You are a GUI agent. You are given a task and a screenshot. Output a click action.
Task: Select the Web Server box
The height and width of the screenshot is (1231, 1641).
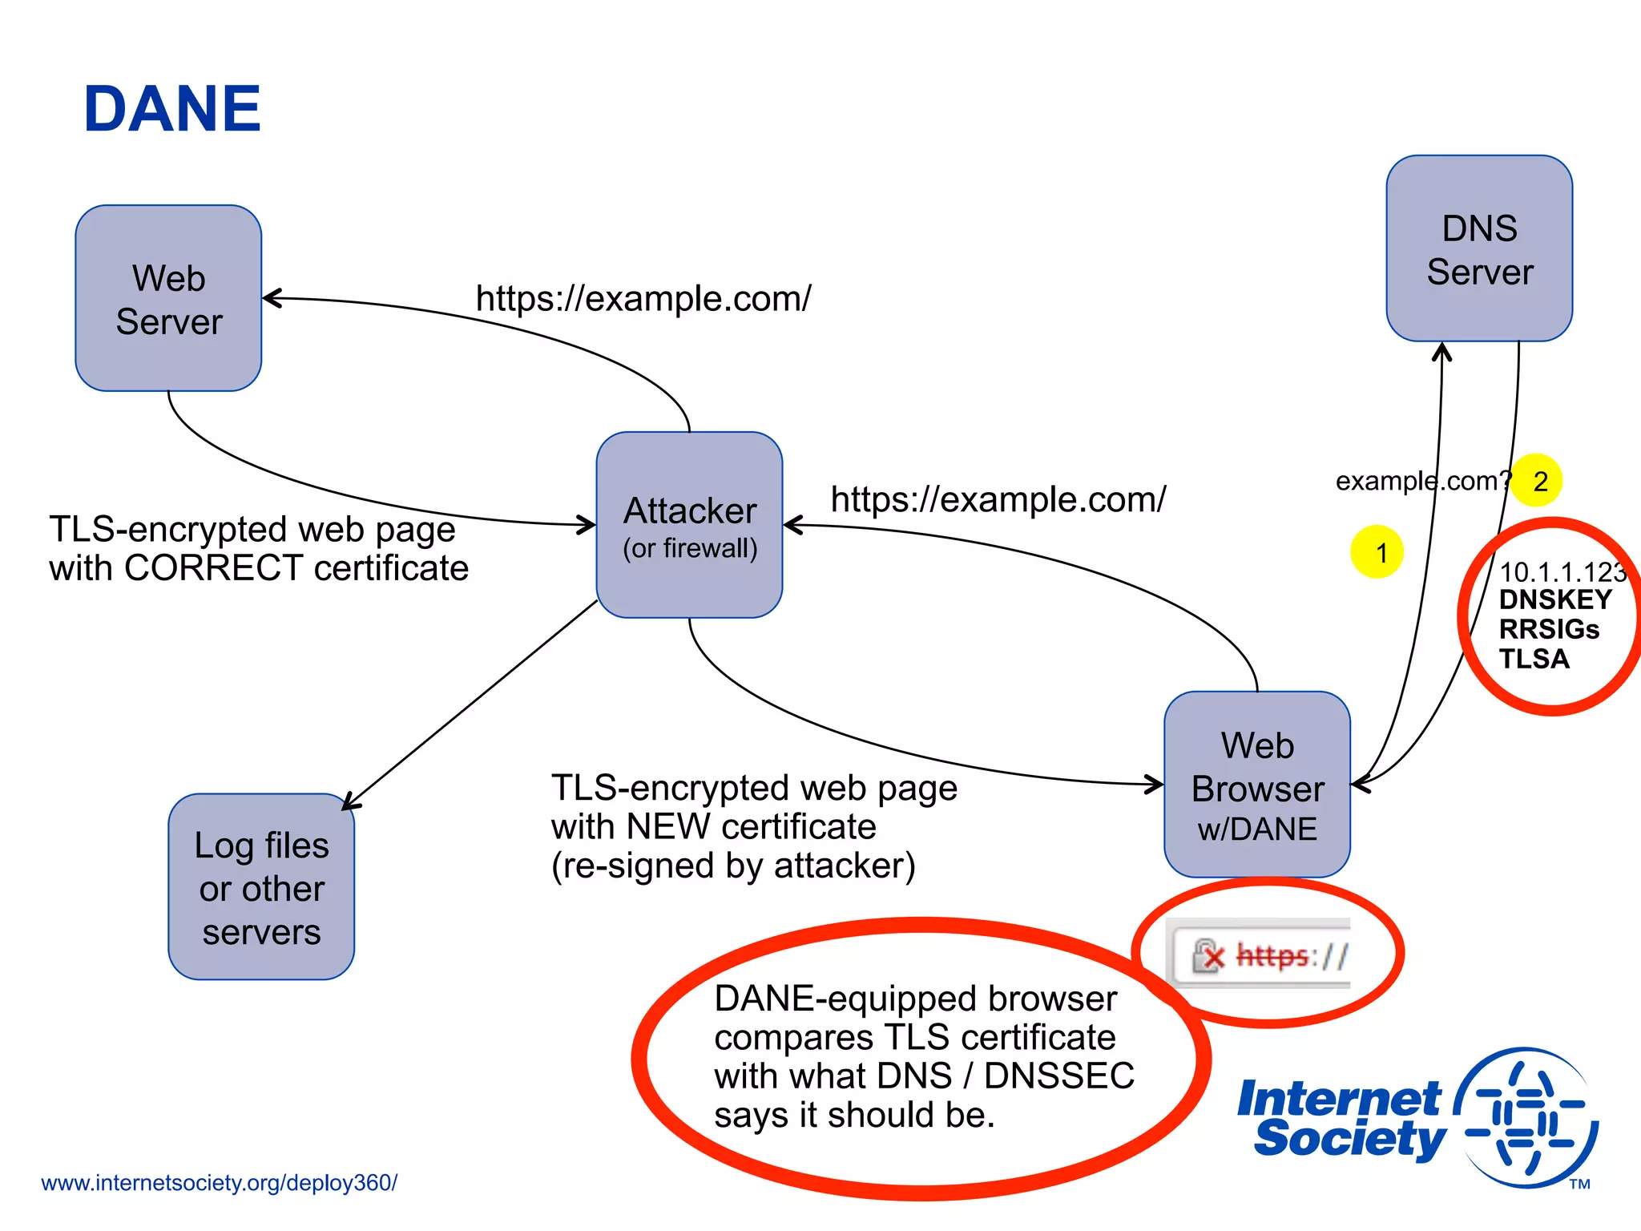pos(168,298)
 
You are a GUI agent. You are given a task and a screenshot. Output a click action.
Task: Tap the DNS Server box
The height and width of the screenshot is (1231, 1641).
pos(1479,248)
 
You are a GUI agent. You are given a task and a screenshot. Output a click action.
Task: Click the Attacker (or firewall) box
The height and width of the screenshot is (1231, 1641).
pos(689,525)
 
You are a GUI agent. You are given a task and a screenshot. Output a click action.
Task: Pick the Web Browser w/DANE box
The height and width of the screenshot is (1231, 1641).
pos(1256,785)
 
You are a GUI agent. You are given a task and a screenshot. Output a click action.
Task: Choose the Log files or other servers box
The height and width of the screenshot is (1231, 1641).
pos(261,887)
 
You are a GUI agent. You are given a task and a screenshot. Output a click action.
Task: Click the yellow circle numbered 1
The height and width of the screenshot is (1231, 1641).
pos(1377,552)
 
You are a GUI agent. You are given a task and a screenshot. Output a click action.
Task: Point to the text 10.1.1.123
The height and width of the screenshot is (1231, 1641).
pos(1561,572)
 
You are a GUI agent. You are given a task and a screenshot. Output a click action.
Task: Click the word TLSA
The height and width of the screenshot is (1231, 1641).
pos(1534,659)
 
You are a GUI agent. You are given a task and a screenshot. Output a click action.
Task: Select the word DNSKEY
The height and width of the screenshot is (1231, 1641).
pos(1555,599)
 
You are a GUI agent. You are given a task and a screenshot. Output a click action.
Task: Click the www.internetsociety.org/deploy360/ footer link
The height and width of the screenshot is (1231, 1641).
pos(219,1183)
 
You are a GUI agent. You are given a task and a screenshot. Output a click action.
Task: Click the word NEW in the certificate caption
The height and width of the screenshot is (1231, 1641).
pos(668,827)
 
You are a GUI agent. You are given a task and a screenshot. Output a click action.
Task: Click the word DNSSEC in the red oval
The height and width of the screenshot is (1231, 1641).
pos(1058,1076)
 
